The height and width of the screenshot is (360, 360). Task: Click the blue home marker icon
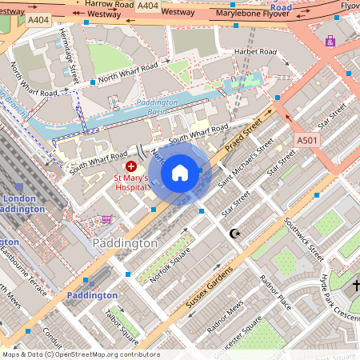[x=180, y=172]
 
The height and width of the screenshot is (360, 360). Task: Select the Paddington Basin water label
[x=152, y=107]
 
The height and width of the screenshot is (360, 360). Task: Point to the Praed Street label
[x=244, y=134]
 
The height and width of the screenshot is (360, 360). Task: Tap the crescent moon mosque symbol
[x=234, y=233]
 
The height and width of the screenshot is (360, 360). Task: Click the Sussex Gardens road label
[x=204, y=285]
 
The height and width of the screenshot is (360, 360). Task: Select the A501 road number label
[x=307, y=140]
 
